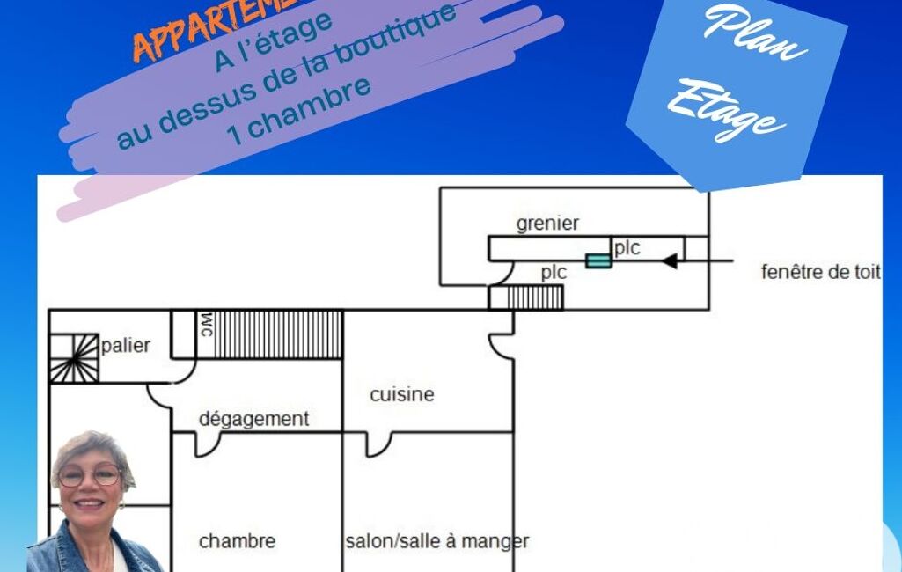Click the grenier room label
(x=547, y=224)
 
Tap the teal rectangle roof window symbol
(x=598, y=260)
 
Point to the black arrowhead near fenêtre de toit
(x=670, y=260)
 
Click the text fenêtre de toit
(x=820, y=272)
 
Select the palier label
(x=126, y=346)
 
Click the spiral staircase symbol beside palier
(x=74, y=358)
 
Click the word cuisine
(x=401, y=394)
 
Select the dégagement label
(x=253, y=420)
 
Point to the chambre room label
(x=237, y=541)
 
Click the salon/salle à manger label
(x=437, y=541)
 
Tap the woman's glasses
(x=90, y=475)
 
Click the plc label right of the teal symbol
(x=627, y=248)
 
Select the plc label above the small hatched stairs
(x=554, y=273)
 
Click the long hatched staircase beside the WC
(x=277, y=334)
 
